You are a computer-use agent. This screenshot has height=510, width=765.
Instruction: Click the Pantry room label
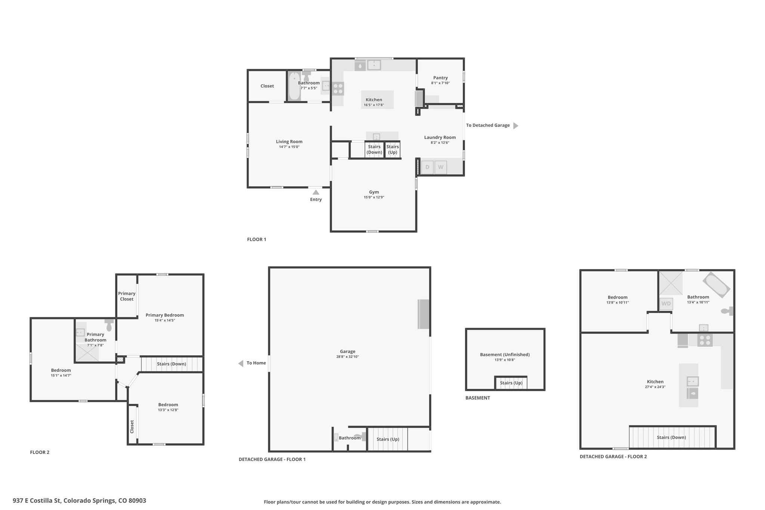click(440, 78)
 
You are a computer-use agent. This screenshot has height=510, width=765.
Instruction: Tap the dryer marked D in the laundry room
click(427, 167)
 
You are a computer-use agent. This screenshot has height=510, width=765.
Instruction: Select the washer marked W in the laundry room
click(441, 167)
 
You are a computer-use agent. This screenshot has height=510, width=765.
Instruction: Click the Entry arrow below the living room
click(316, 192)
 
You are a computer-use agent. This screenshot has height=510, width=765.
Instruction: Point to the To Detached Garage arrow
click(516, 126)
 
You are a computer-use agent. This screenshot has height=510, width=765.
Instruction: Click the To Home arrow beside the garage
click(241, 363)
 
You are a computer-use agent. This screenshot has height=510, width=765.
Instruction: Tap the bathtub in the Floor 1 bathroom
click(294, 86)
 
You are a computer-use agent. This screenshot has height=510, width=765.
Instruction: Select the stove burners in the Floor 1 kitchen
click(338, 89)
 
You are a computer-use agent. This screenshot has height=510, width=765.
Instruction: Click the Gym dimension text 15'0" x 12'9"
click(374, 197)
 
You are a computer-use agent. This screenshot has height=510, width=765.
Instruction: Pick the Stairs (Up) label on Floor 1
click(393, 149)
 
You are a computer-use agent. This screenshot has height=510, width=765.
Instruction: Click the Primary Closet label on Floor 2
click(127, 296)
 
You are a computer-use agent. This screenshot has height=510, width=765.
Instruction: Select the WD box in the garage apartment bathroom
click(666, 303)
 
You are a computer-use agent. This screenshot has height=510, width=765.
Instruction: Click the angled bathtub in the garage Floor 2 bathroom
click(716, 285)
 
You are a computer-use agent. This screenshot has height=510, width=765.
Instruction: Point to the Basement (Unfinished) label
click(505, 355)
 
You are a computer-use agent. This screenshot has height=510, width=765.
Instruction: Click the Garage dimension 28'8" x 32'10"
click(347, 357)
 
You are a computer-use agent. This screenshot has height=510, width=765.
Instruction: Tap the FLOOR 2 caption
click(40, 452)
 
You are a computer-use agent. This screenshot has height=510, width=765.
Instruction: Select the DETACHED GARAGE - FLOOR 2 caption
click(613, 457)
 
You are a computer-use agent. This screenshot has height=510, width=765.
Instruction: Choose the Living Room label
click(289, 142)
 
